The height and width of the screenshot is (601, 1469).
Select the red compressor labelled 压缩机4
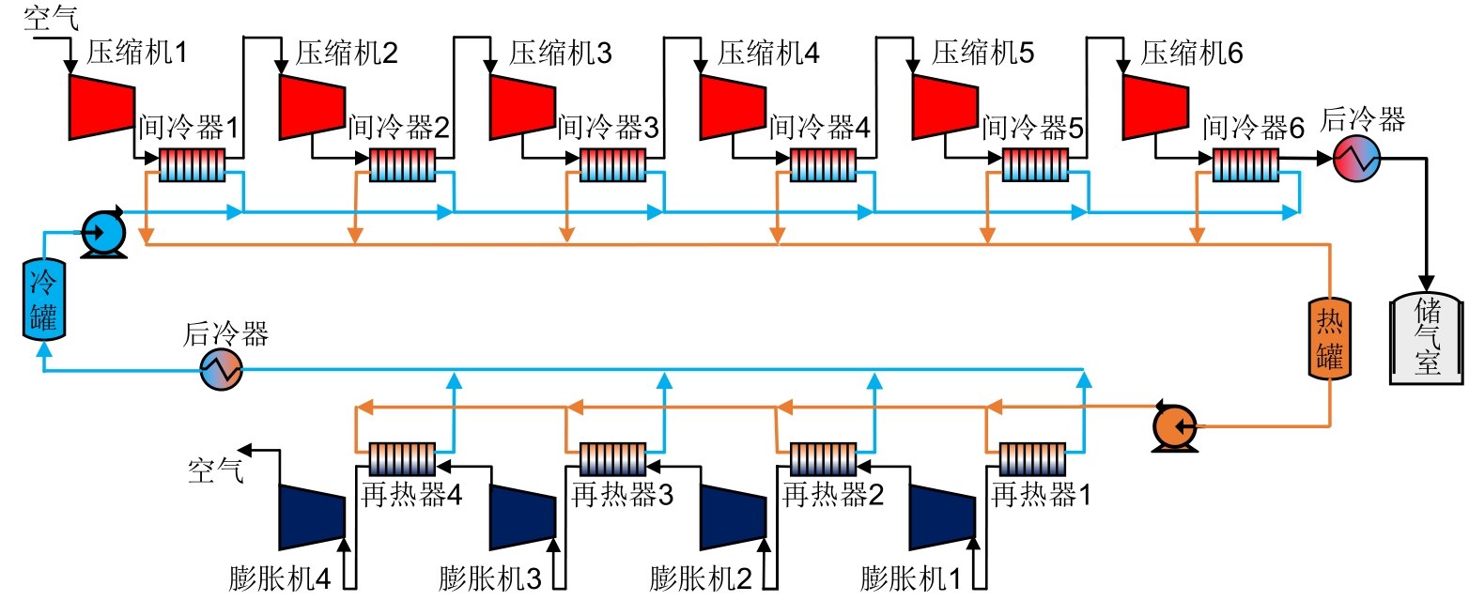click(732, 103)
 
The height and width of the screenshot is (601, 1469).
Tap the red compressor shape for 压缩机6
click(1154, 103)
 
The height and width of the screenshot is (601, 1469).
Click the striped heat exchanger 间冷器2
click(402, 165)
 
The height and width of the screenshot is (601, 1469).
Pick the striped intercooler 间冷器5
click(1034, 165)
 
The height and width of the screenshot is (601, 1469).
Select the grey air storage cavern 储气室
click(1427, 338)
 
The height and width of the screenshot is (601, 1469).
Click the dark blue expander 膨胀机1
click(942, 516)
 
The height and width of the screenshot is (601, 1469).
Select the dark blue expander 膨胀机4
click(311, 516)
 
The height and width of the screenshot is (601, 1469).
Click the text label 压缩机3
click(560, 54)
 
